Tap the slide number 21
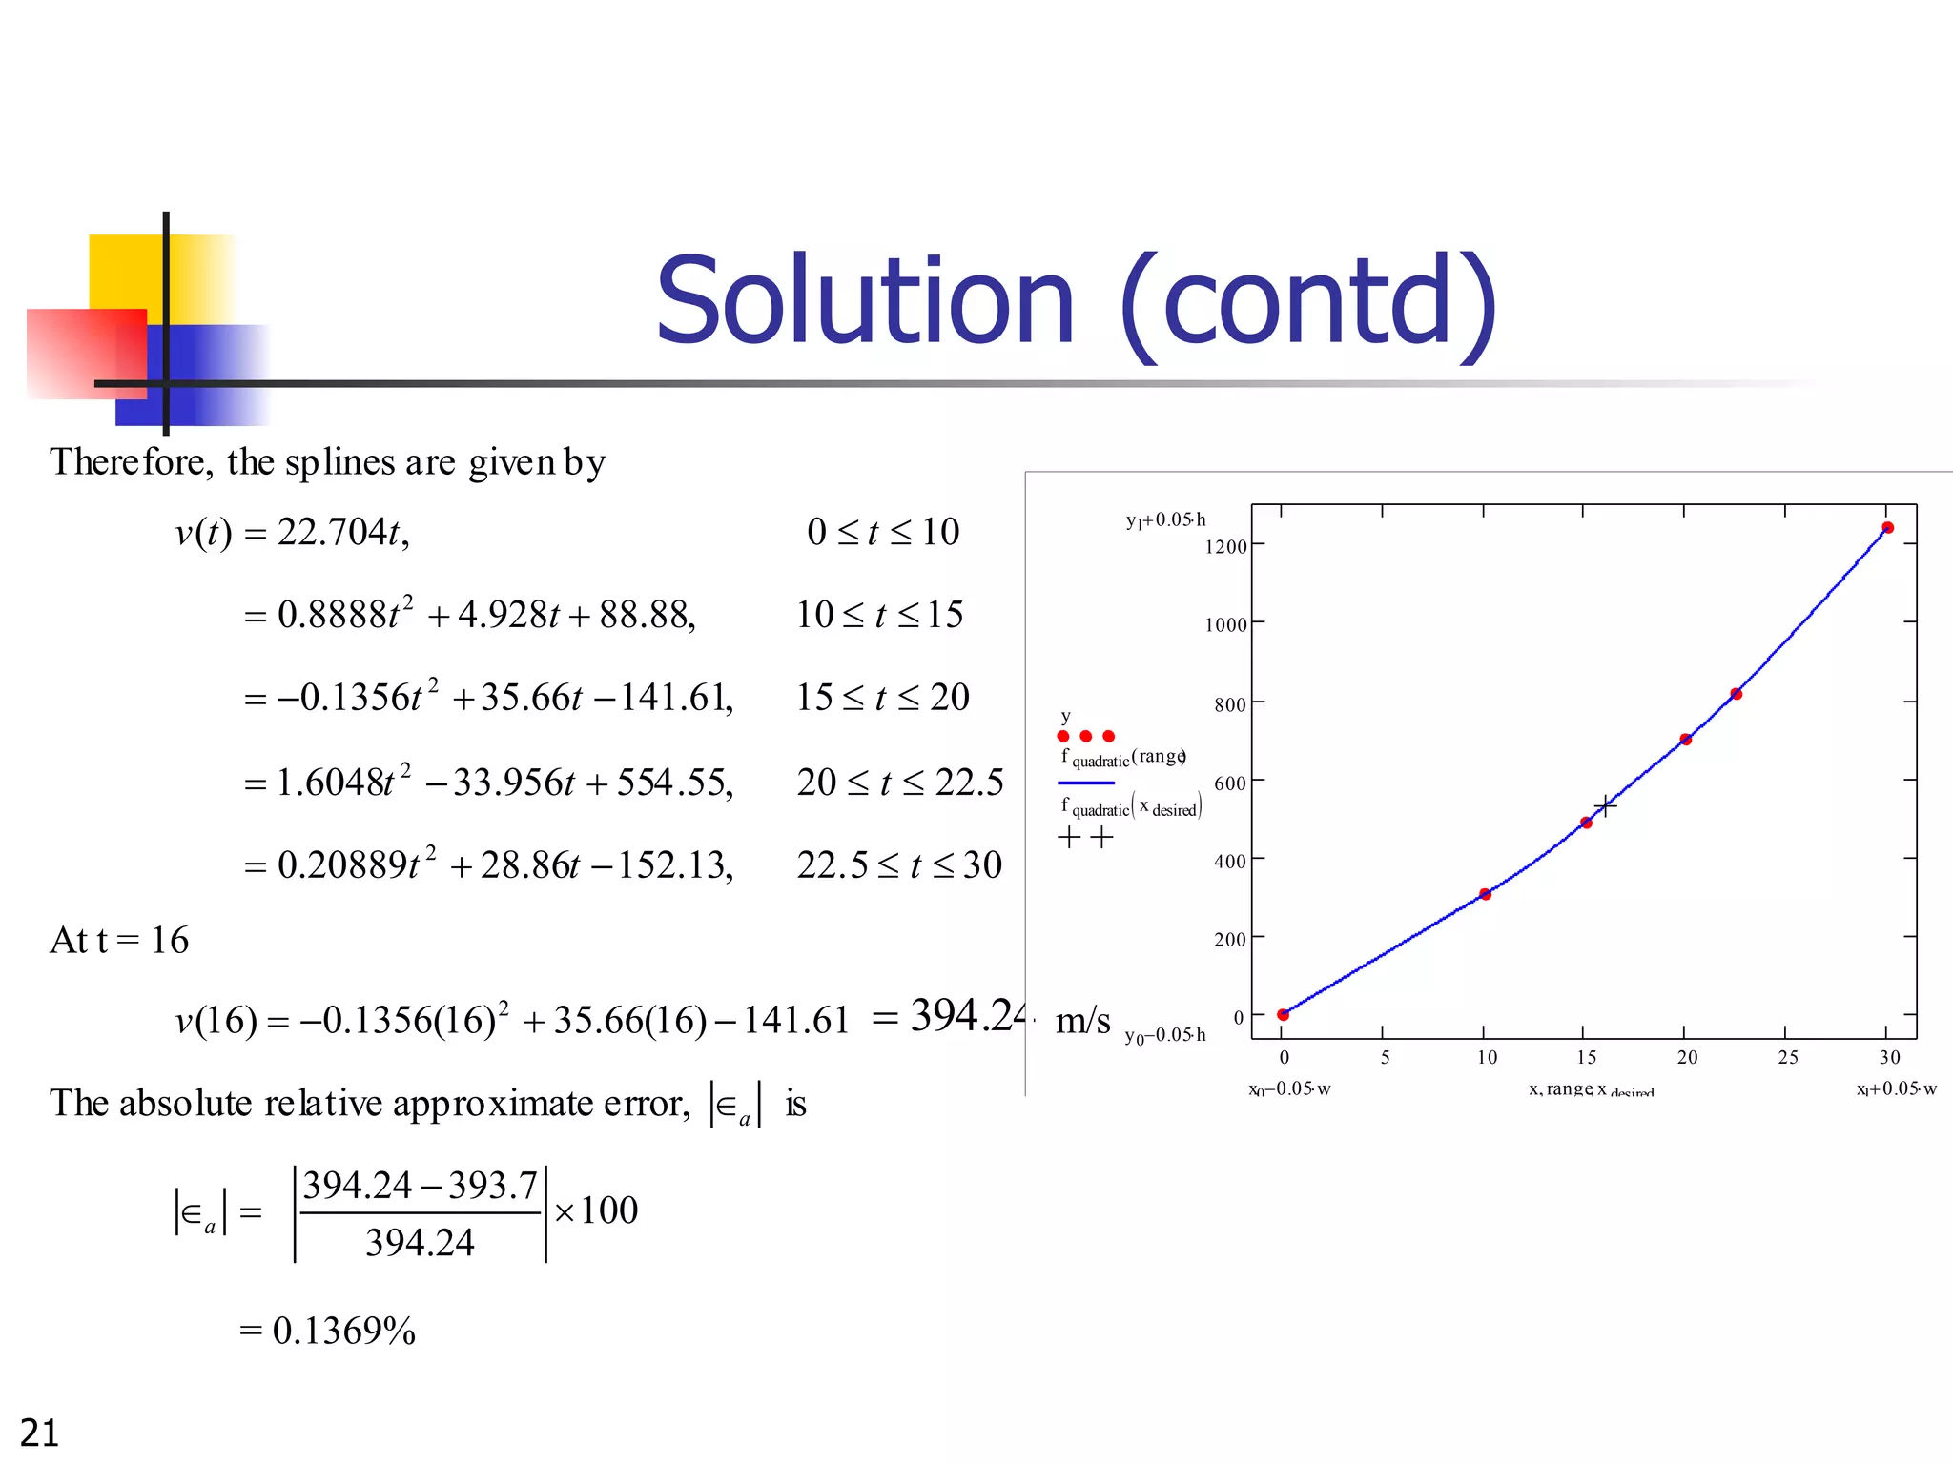click(x=39, y=1433)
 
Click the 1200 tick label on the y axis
click(x=1225, y=547)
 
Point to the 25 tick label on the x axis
click(x=1787, y=1057)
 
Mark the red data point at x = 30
click(x=1887, y=528)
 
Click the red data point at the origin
click(x=1284, y=1015)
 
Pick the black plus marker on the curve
click(x=1605, y=806)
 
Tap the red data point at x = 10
click(x=1485, y=894)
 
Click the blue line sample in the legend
click(x=1085, y=783)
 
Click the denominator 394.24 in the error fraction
click(x=420, y=1243)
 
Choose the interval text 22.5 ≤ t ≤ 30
click(x=899, y=865)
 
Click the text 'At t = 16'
click(x=119, y=941)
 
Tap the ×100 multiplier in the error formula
click(x=596, y=1211)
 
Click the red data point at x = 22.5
click(x=1736, y=694)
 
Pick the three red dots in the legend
click(x=1085, y=736)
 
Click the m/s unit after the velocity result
click(x=1083, y=1021)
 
